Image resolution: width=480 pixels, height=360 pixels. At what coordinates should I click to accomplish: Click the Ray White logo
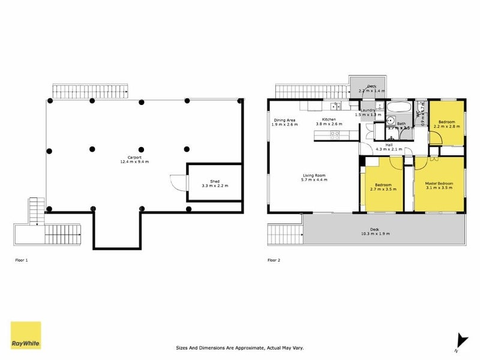coord(26,335)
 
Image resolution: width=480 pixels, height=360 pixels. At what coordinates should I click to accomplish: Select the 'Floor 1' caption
coord(22,260)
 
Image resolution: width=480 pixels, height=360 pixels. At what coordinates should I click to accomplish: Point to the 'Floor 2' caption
coord(274,260)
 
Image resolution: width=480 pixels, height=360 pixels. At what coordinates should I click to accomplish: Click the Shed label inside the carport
coord(214,184)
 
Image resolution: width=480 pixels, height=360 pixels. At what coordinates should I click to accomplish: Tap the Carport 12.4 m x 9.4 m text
coord(134,160)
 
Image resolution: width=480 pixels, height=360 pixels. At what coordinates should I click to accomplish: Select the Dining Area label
coord(284,122)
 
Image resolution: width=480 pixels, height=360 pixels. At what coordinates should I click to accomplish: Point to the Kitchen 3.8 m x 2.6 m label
coord(329,122)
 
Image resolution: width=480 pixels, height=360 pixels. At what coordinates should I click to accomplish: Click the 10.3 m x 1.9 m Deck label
coord(374,231)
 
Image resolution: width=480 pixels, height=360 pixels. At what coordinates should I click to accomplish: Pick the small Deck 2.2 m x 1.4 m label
coord(371,89)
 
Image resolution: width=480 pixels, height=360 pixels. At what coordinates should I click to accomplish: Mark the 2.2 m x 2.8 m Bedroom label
coord(446,124)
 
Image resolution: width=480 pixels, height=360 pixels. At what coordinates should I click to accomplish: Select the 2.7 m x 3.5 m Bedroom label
coord(383,187)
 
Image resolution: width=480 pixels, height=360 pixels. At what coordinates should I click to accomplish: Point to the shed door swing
coord(177,182)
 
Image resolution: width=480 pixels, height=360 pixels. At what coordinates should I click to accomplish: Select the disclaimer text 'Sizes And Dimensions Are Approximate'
coord(240,347)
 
